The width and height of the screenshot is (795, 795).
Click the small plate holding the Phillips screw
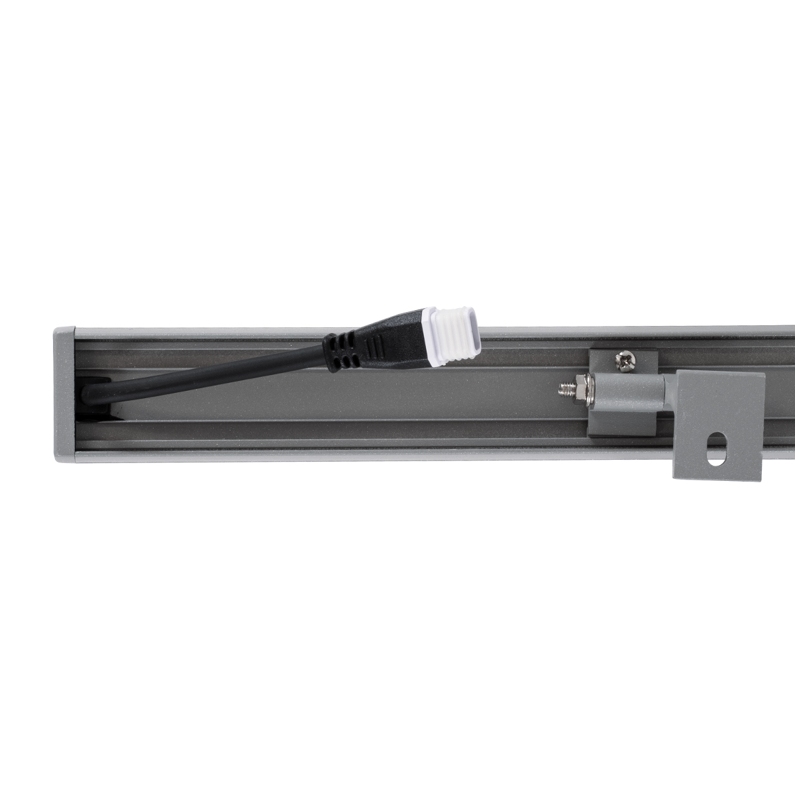623,362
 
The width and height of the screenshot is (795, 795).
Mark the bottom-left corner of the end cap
56,461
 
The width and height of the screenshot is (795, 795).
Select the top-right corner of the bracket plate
763,374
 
